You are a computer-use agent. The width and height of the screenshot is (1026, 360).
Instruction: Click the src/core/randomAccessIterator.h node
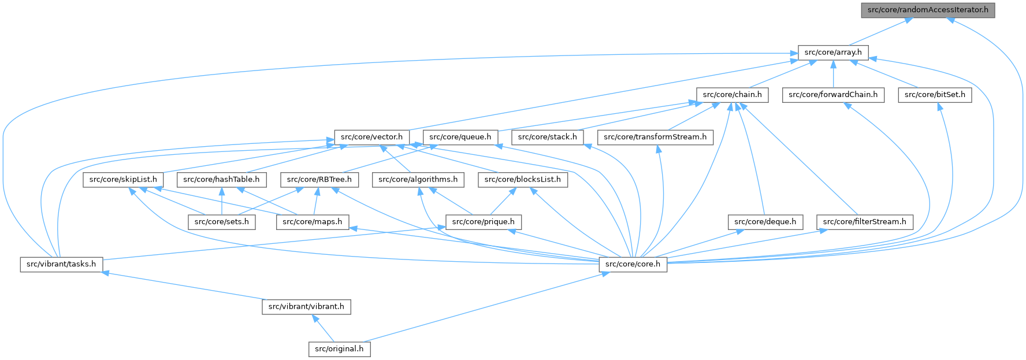click(928, 10)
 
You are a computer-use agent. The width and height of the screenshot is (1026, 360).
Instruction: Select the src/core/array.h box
click(832, 52)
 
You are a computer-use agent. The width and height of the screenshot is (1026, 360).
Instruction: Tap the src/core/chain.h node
click(732, 95)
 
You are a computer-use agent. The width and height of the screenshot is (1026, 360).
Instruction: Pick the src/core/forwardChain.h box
click(832, 95)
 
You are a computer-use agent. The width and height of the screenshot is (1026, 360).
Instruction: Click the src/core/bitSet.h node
click(934, 95)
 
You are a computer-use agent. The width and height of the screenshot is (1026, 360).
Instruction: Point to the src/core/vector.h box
click(371, 138)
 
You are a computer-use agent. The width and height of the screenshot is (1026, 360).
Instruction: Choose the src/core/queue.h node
click(460, 138)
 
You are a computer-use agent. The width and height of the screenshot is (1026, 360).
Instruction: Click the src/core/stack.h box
click(547, 138)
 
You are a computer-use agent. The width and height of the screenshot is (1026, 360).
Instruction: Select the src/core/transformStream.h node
click(655, 138)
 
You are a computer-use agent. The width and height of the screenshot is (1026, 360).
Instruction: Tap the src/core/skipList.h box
click(123, 180)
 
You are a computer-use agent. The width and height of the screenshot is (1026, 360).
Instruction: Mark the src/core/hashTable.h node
click(221, 180)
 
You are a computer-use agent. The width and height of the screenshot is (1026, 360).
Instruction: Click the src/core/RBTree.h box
click(319, 180)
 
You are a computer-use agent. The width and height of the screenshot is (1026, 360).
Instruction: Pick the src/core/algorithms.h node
click(418, 180)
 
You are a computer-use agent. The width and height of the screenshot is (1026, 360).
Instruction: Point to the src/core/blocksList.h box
click(522, 180)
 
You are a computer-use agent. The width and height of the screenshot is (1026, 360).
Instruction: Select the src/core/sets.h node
click(221, 222)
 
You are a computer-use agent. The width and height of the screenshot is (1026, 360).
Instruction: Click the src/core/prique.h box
click(483, 222)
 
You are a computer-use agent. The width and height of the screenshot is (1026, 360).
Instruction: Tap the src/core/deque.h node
click(765, 222)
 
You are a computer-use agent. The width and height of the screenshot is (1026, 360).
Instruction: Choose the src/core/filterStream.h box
click(864, 222)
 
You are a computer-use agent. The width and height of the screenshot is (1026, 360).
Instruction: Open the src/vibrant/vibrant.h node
click(306, 307)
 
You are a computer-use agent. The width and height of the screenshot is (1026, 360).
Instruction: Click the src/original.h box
click(339, 349)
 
